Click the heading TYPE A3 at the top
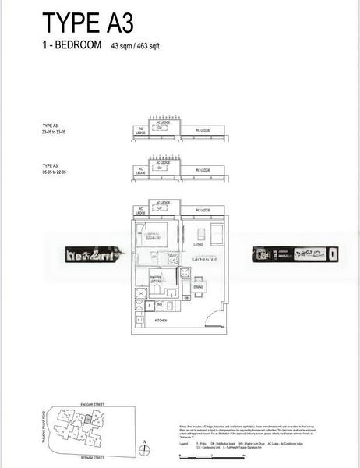(79, 20)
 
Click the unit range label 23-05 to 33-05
(57, 133)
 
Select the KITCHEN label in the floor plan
(161, 320)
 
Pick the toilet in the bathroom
(157, 289)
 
